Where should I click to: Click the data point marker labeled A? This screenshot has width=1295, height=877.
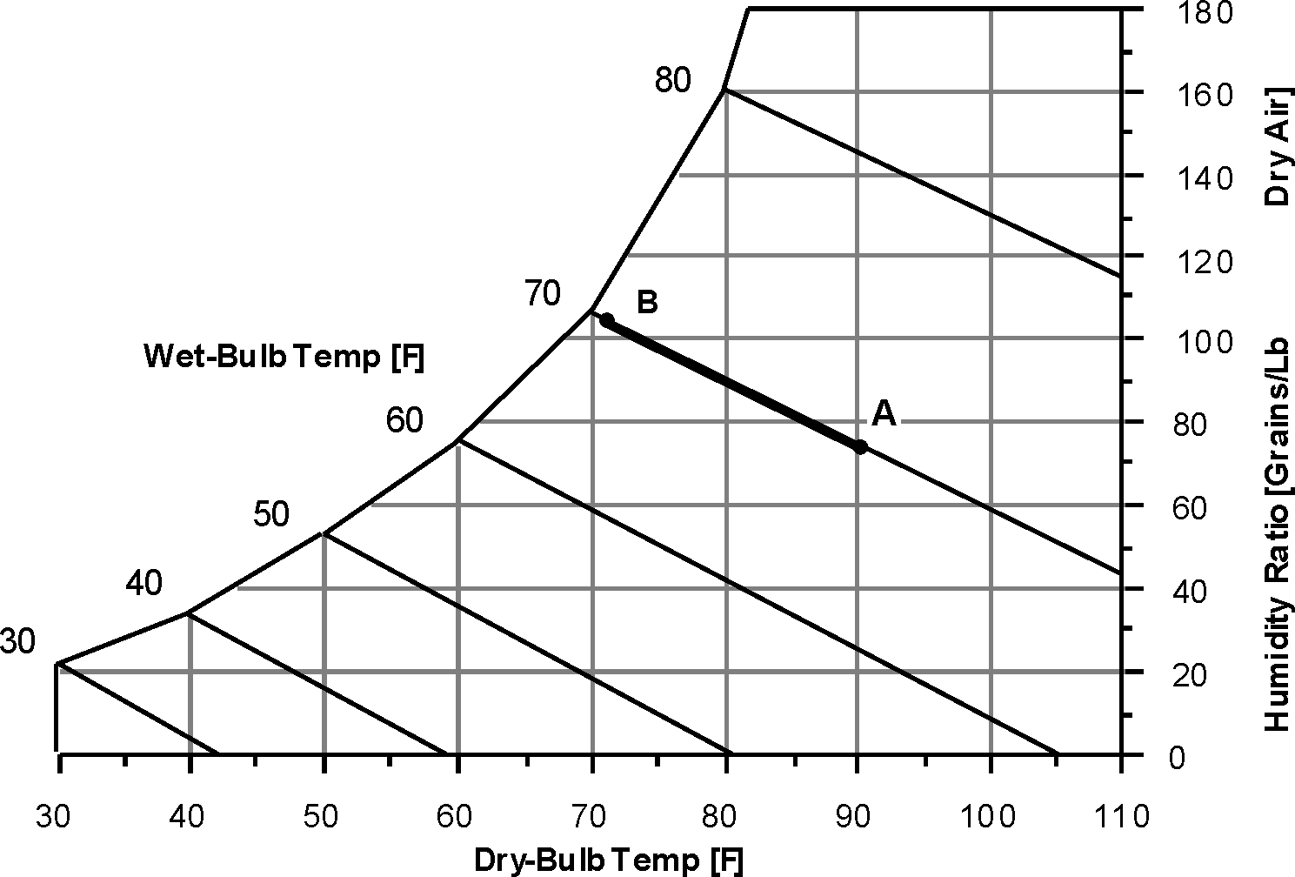[860, 447]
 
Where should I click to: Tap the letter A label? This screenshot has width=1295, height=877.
[883, 414]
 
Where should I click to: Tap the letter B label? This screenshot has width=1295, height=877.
[647, 303]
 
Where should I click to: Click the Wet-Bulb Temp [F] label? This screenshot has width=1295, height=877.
[284, 357]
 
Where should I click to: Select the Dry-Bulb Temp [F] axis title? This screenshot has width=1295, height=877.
[609, 860]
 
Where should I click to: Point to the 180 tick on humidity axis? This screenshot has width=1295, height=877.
[1208, 13]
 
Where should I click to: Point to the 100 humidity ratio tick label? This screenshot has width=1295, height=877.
[1208, 342]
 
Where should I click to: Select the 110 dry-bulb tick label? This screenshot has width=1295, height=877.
[1123, 816]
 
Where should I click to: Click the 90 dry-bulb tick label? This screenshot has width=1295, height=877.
[857, 816]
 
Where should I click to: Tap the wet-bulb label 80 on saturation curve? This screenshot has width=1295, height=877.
[673, 80]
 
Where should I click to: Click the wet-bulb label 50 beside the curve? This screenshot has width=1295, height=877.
[271, 515]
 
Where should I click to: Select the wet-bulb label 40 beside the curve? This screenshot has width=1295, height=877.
[144, 584]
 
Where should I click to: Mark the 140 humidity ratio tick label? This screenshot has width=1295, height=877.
[1208, 179]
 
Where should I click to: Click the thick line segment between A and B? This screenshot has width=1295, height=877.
[733, 384]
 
